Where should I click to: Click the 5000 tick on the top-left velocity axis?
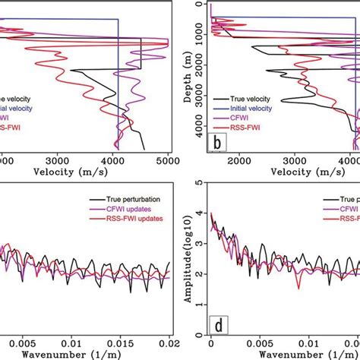pos(167,160)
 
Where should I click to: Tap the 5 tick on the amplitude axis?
pos(198,182)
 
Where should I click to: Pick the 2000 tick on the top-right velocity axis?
pos(238,160)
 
